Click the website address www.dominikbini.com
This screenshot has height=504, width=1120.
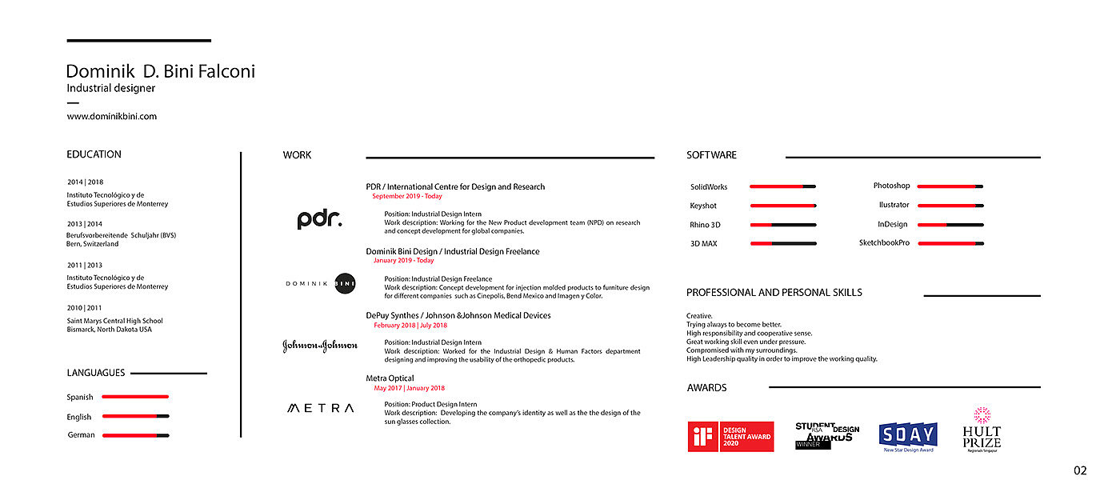coord(111,116)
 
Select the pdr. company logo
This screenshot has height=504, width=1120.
coord(319,219)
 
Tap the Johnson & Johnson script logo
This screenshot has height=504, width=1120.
coord(320,346)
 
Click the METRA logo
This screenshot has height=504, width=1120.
coord(320,408)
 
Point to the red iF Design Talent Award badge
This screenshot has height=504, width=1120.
coord(730,437)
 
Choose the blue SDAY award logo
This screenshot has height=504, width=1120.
coord(908,435)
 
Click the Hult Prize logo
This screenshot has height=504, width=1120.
coord(982,430)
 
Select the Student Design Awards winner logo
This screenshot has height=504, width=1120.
coord(826,435)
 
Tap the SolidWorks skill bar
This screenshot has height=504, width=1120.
coord(782,186)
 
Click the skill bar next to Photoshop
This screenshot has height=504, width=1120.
coord(950,186)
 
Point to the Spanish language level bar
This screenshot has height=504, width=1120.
coord(135,397)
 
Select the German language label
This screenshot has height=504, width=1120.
coord(81,435)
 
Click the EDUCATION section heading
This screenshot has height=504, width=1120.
coord(94,154)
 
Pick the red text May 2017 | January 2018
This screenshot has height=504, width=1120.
coord(410,388)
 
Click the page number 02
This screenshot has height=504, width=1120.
coord(1080,471)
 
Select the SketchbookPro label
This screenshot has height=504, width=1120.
coord(884,242)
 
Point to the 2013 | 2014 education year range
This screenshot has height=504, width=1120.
coord(85,224)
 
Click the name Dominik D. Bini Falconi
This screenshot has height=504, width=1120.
coord(160,71)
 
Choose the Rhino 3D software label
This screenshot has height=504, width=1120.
coord(705,225)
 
